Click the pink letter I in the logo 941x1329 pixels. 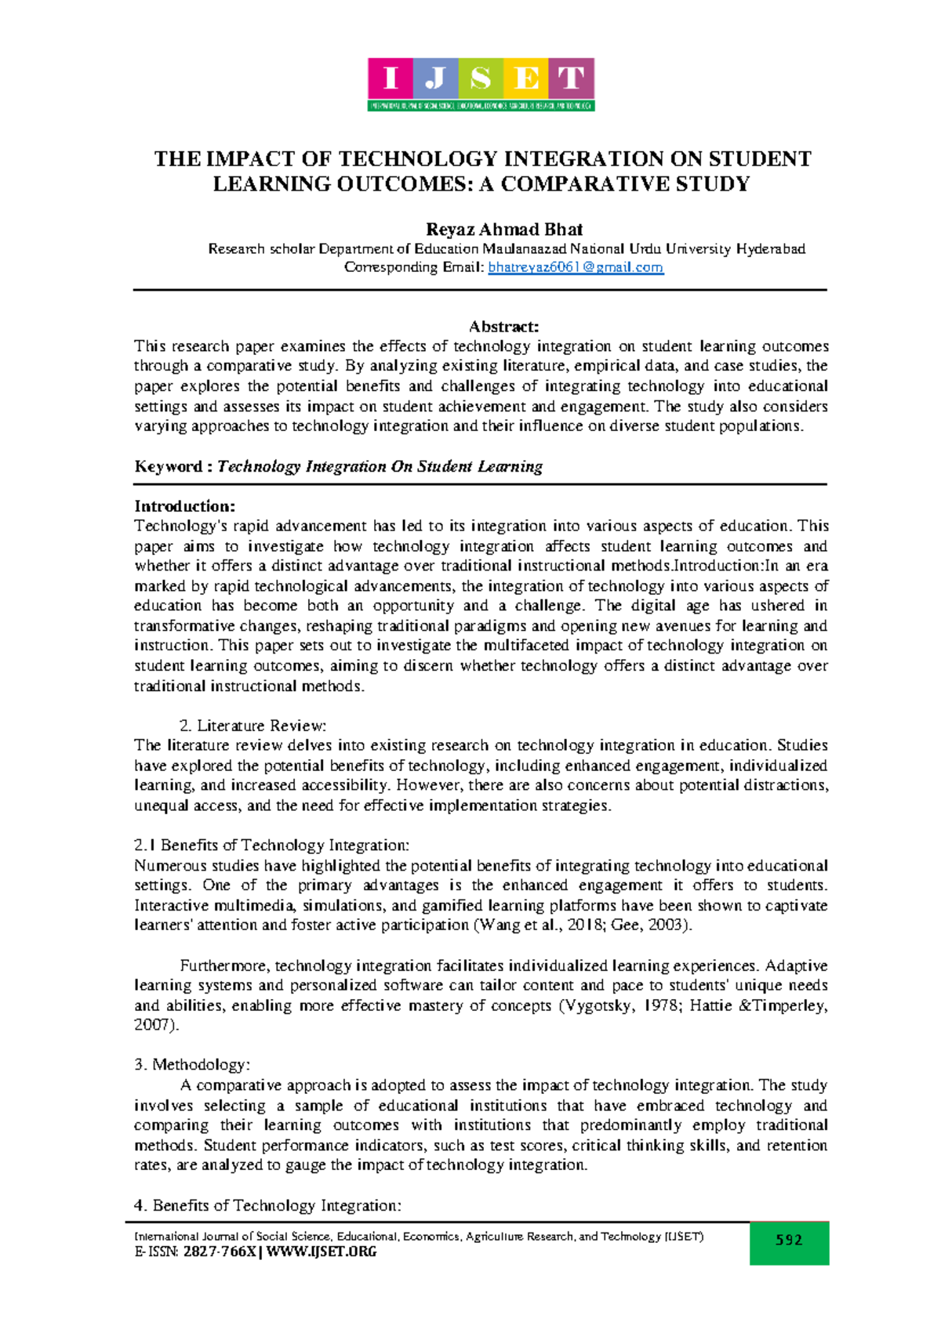391,78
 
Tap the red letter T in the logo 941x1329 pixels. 571,78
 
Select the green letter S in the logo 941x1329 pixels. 481,78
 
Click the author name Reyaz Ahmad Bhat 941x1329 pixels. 503,230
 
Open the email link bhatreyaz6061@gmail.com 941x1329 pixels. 576,267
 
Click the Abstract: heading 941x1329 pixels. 503,326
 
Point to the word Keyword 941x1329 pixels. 168,466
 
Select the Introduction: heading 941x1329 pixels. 184,506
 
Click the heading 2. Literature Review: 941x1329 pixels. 253,726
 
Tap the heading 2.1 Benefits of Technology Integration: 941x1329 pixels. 271,845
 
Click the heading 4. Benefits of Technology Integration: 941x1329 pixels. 267,1205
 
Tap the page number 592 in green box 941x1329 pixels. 789,1240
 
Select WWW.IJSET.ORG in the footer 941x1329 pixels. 322,1251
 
